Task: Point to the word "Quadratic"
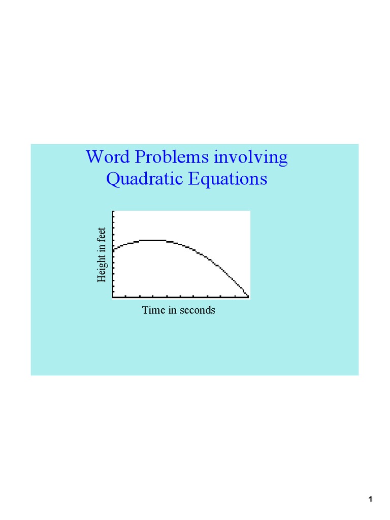coord(140,179)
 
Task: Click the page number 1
coord(371,500)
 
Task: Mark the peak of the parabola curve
coord(152,240)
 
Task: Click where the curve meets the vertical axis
coord(113,249)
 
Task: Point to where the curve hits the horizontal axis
coord(248,296)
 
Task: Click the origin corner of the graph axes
coord(113,297)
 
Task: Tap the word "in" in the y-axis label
coord(102,248)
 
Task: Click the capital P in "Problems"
coord(140,157)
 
